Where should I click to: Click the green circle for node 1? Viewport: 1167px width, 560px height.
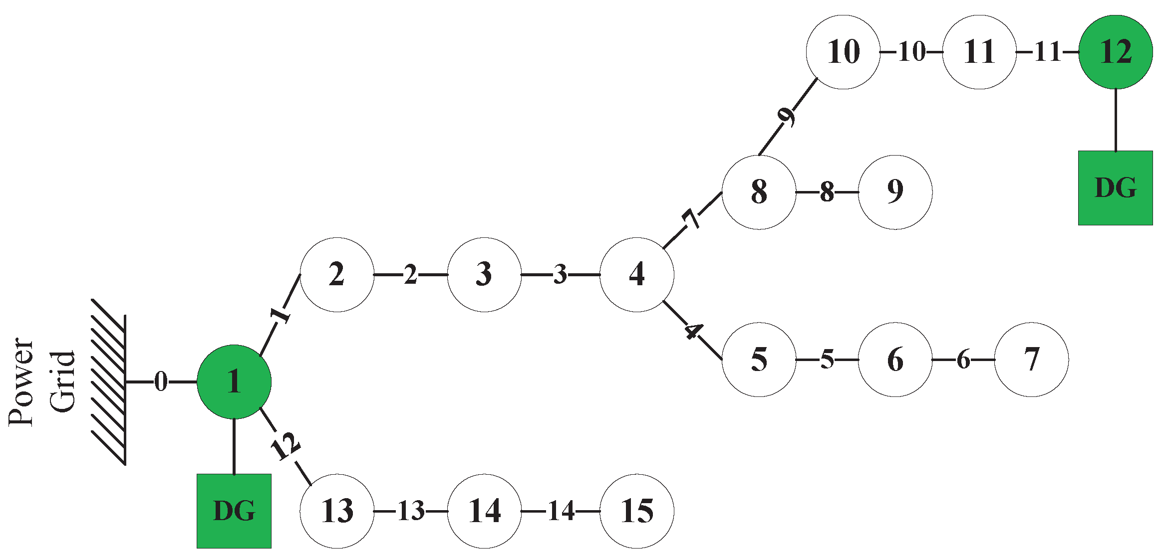(234, 382)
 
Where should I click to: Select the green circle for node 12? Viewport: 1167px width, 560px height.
(1115, 52)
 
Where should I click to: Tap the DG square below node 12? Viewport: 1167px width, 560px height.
(1115, 188)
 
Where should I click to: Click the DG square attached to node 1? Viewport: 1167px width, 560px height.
(234, 511)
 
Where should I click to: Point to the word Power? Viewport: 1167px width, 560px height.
(21, 382)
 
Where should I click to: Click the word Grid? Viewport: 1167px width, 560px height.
(62, 382)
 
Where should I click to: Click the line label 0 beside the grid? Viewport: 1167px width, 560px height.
(161, 382)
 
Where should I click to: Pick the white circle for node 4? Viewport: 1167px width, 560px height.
(636, 274)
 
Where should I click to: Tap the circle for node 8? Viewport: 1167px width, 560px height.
(759, 192)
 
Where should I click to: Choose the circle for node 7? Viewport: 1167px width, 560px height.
(1031, 359)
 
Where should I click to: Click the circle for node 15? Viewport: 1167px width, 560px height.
(636, 511)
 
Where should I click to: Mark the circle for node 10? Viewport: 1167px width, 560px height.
(843, 52)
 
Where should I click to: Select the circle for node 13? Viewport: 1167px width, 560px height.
(337, 511)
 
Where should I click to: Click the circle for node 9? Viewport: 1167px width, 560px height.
(895, 192)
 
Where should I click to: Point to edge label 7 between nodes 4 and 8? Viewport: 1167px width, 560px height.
(691, 218)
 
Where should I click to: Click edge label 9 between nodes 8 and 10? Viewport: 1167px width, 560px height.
(787, 116)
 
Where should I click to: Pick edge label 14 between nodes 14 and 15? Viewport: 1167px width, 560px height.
(561, 511)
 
